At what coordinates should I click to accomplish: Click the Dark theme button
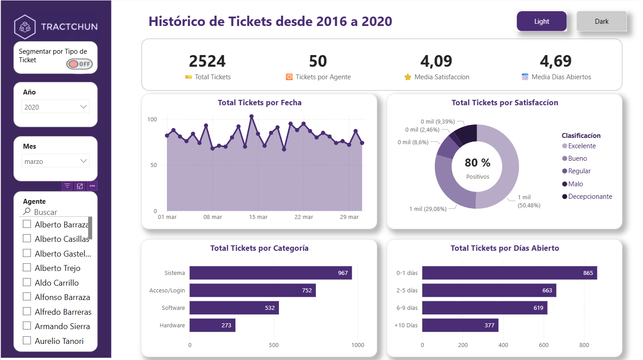point(601,21)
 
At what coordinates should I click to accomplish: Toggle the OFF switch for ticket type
point(79,64)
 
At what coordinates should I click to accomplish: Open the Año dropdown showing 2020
point(55,107)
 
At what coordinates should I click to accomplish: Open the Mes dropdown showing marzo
point(55,161)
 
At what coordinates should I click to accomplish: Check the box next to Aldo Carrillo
point(27,283)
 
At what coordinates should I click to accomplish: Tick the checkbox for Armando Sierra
point(27,326)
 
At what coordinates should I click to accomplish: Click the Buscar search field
point(51,212)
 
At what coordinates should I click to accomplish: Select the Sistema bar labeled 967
point(270,273)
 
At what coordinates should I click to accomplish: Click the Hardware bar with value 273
point(212,325)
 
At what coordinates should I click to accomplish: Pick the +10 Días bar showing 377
point(460,325)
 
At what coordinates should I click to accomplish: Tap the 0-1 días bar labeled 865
point(509,273)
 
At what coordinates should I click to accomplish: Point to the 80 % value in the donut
point(477,163)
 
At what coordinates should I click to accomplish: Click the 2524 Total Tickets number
point(207,61)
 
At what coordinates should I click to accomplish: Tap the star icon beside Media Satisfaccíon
point(408,77)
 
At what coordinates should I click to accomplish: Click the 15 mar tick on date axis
point(258,217)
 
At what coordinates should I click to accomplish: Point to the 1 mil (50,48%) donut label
point(528,201)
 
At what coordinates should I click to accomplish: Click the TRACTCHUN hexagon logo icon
point(25,26)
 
